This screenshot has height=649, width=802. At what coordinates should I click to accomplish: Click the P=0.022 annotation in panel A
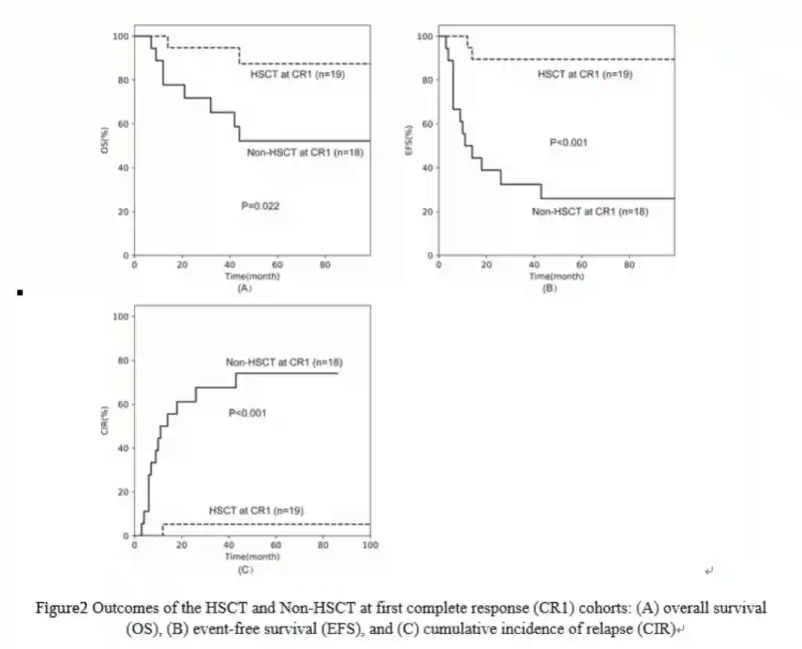coord(260,206)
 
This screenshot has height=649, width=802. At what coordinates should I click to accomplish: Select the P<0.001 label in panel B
coord(568,142)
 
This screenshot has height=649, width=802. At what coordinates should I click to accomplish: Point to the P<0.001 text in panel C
coord(247,413)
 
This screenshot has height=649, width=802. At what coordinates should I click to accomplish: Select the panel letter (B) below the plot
coord(549,289)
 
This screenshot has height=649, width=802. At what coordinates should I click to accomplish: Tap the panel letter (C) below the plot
coord(246,570)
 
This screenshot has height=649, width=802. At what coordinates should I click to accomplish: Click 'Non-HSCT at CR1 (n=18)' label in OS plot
coord(304,152)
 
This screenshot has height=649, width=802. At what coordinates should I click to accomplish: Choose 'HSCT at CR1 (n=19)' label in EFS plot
coord(585,74)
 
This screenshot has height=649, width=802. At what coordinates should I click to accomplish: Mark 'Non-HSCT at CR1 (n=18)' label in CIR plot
coord(284,362)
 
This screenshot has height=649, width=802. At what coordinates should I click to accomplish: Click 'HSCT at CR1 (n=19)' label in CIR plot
coord(257,510)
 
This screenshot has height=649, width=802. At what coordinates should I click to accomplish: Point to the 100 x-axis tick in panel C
coord(370,545)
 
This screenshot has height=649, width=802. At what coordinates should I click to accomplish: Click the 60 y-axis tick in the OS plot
coord(122,124)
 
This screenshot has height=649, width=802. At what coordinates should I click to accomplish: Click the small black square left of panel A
coord(20,293)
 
